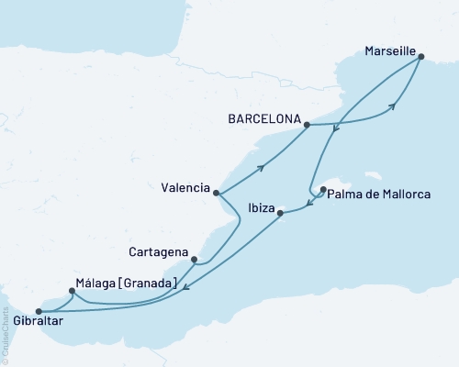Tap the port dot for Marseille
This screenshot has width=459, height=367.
420,57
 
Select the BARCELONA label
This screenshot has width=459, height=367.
265,118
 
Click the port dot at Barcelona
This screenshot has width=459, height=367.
307,125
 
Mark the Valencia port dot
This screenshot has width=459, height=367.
216,193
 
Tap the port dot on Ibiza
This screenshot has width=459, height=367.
282,214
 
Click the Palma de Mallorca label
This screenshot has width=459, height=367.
375,195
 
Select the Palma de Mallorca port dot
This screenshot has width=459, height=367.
323,191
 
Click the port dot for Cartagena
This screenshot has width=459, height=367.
194,260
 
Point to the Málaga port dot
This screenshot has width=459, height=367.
72,291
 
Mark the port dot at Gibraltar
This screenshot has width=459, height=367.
38,310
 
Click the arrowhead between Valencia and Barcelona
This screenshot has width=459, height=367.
263,167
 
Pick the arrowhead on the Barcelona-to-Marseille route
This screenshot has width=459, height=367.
392,107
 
